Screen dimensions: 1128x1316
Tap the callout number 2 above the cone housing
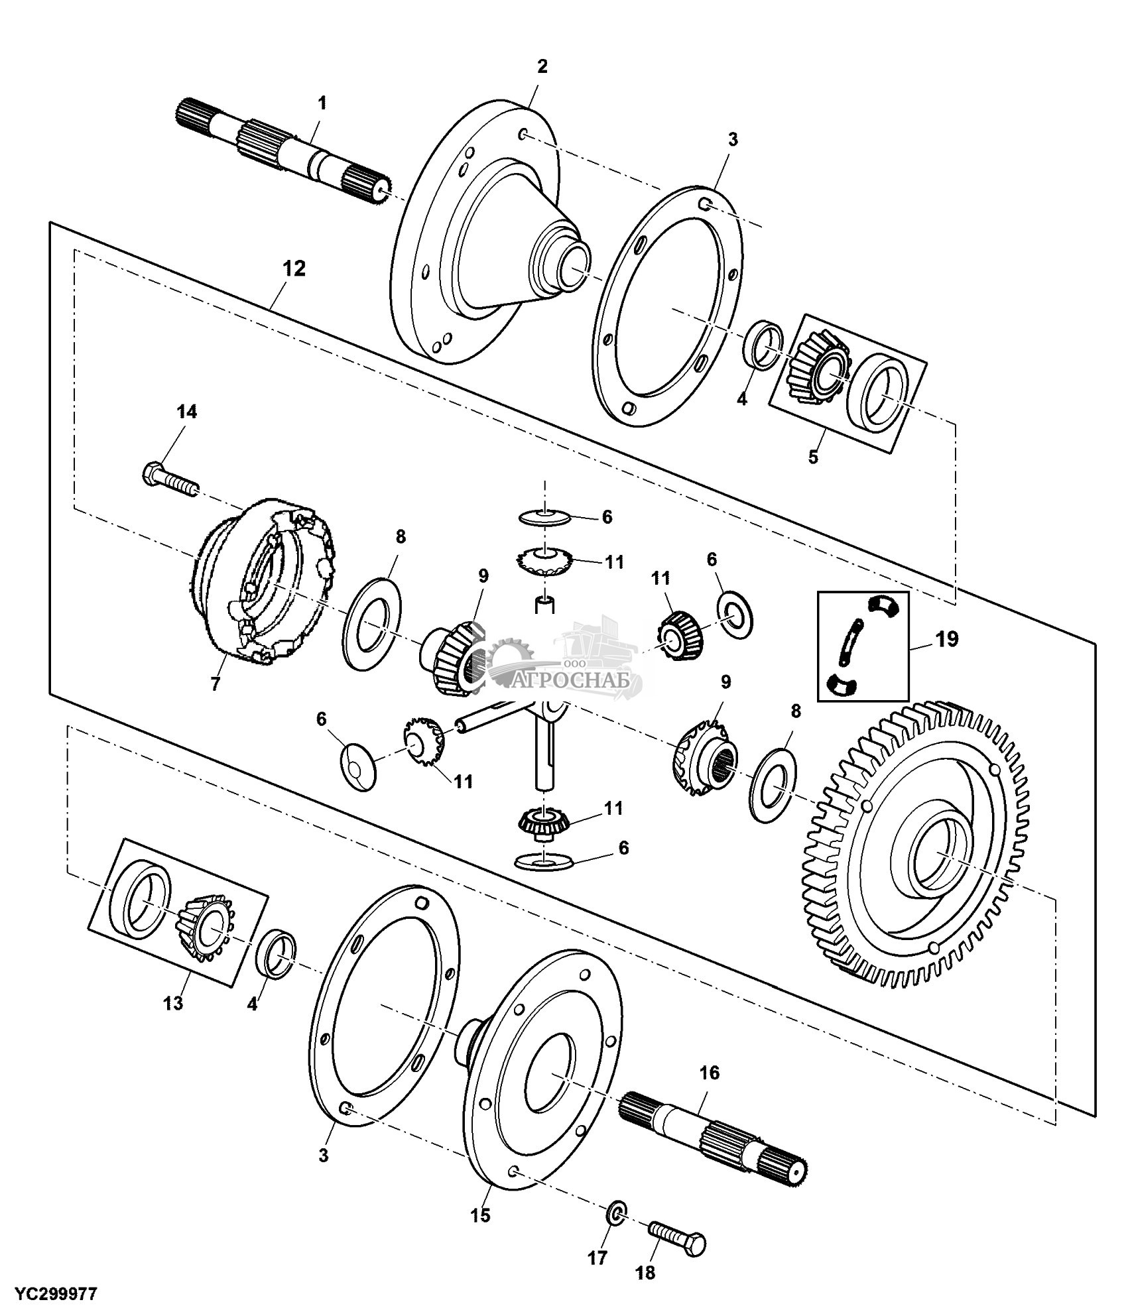tap(542, 66)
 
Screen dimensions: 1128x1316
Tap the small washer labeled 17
tap(617, 1215)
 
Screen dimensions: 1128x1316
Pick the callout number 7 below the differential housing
tap(215, 684)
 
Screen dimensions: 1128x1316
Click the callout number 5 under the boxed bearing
tap(813, 457)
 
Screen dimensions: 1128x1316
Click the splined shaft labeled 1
tap(285, 147)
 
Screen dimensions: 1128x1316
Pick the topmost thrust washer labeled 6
tap(544, 516)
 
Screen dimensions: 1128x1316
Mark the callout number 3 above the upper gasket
tap(733, 139)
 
